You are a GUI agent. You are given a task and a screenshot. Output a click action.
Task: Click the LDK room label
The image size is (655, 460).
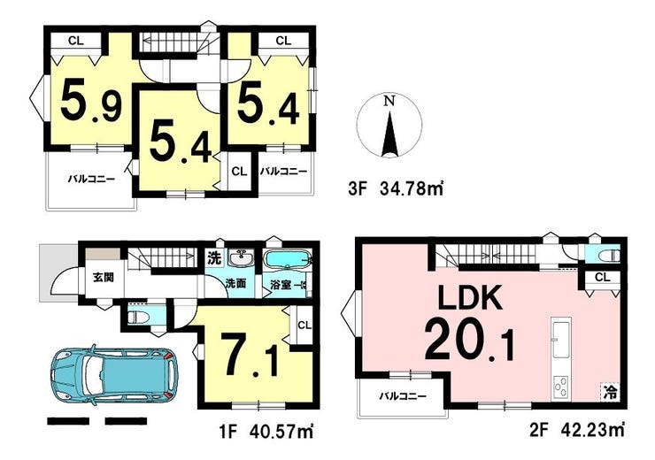point(469,296)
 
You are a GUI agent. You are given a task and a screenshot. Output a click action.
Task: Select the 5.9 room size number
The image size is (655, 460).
point(91,103)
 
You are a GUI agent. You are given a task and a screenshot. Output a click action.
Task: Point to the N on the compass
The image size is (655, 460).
point(389,101)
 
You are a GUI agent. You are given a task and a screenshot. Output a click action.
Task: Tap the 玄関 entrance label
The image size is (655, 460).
point(104,277)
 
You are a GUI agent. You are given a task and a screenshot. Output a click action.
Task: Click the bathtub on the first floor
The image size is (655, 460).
point(288,261)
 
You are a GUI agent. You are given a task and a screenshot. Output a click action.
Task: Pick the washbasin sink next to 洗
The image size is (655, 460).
point(241,258)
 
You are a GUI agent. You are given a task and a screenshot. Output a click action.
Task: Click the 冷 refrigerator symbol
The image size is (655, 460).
point(611,393)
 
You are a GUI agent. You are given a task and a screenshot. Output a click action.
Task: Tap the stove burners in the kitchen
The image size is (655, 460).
point(560,387)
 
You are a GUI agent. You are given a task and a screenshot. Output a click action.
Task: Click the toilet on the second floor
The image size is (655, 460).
point(608,255)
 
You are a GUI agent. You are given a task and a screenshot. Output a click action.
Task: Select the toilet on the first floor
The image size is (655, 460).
point(138,318)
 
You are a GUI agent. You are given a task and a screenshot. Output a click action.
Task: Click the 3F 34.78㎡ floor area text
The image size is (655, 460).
point(395,190)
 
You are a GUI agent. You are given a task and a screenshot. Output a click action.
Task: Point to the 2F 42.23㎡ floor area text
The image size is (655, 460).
point(577,430)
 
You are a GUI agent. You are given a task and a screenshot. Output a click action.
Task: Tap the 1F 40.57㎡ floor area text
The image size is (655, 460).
point(266,430)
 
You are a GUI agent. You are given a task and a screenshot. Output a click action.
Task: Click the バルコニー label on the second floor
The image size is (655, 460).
point(403,395)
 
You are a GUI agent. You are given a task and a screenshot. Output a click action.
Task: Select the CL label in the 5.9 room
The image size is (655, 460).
point(76,41)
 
